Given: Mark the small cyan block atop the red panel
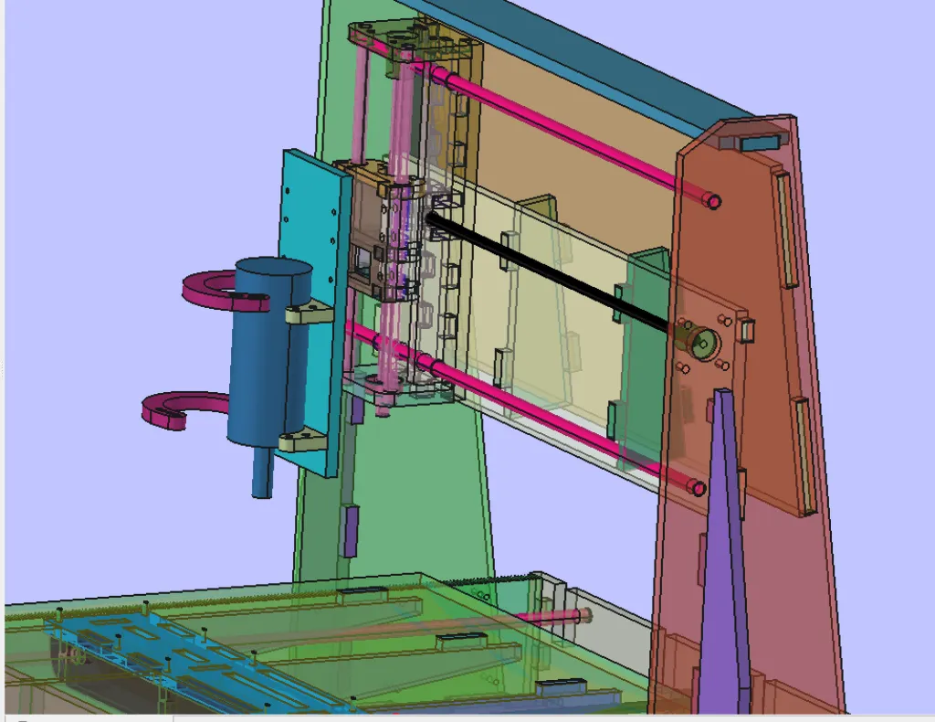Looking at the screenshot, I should (x=757, y=143).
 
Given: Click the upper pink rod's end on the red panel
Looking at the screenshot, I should (x=713, y=200).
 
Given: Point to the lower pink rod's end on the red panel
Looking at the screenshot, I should (x=699, y=488).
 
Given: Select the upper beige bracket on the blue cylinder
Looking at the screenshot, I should (x=308, y=314).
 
